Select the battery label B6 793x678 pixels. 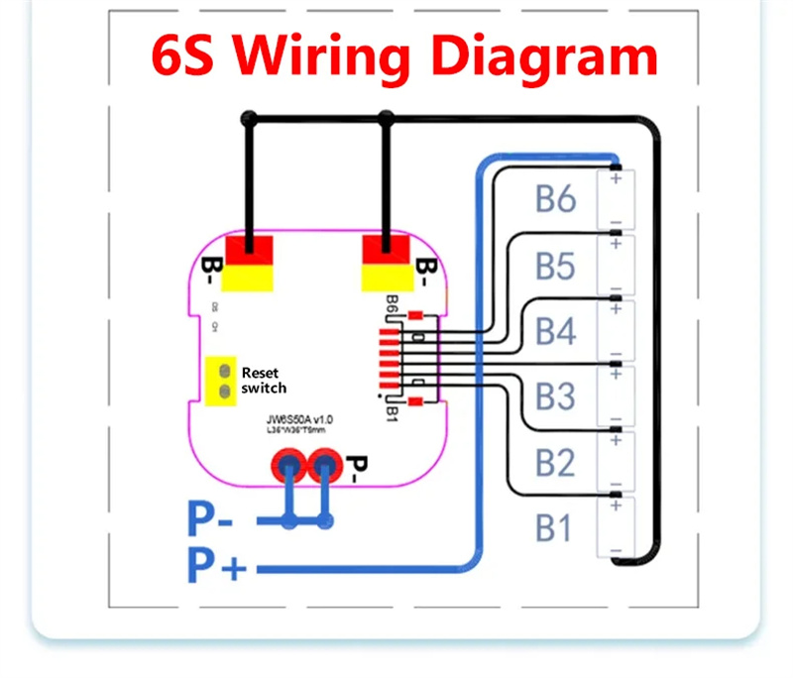[x=555, y=198]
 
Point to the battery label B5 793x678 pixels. [x=555, y=266]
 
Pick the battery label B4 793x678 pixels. [x=555, y=331]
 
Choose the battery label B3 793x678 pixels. [x=555, y=396]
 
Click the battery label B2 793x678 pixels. [x=555, y=462]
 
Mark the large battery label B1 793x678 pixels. [x=554, y=528]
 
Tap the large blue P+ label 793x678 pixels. [x=215, y=568]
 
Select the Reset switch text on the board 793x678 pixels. [x=263, y=380]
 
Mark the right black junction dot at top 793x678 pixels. [x=386, y=119]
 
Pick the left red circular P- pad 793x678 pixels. [x=291, y=463]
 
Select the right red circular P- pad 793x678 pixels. [x=324, y=463]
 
